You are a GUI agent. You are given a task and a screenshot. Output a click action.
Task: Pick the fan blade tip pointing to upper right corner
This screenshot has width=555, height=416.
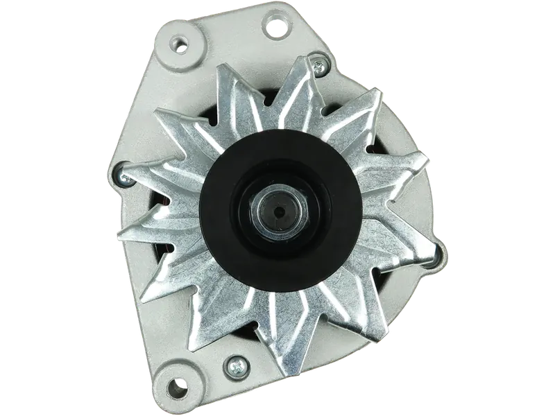[x=378, y=94]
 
